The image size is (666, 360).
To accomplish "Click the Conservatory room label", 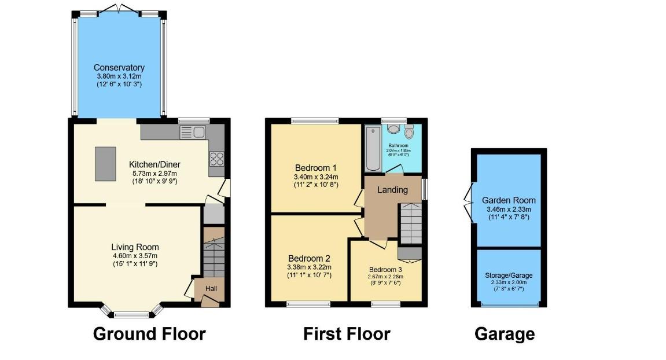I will pyautogui.click(x=119, y=68).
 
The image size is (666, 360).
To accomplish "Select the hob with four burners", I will pyautogui.click(x=217, y=158).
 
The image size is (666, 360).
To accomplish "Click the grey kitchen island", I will pyautogui.click(x=104, y=164).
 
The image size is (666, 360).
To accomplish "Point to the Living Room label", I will pyautogui.click(x=136, y=247).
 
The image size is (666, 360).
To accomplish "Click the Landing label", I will pyautogui.click(x=392, y=190).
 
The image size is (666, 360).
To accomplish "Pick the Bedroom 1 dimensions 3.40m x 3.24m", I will pyautogui.click(x=316, y=177).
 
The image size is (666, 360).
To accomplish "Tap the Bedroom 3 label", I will pyautogui.click(x=386, y=270).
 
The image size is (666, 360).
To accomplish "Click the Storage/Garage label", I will pyautogui.click(x=509, y=275).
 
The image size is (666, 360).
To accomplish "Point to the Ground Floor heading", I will pyautogui.click(x=149, y=334).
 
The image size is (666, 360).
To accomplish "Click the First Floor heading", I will pyautogui.click(x=347, y=334).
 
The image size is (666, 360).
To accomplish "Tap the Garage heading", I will pyautogui.click(x=504, y=334).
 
